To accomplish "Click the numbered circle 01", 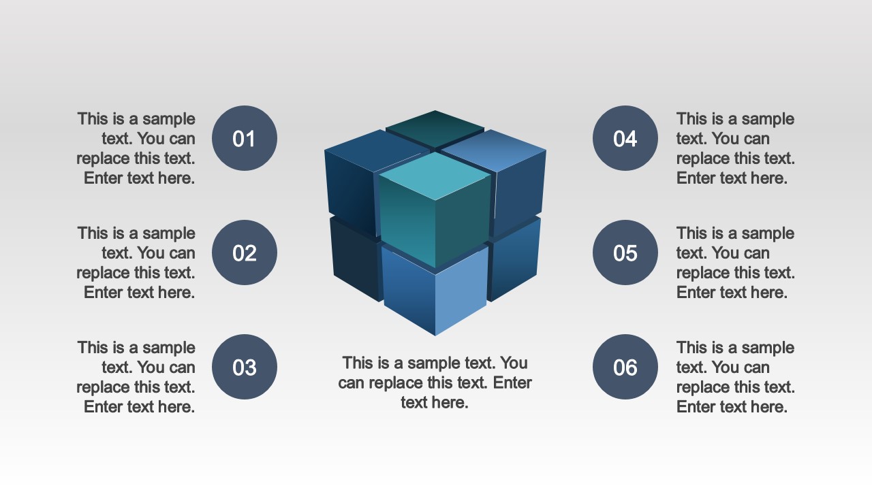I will (x=245, y=138).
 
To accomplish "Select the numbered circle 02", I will (x=245, y=252).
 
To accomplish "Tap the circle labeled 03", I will (x=245, y=367).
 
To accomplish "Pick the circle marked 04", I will (x=625, y=138).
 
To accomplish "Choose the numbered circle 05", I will (x=625, y=252).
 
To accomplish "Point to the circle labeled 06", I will (x=625, y=367).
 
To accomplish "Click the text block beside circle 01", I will (x=136, y=148).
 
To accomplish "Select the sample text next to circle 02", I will (x=136, y=263).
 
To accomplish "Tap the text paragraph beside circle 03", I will (x=136, y=377).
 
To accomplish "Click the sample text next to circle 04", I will (x=735, y=148).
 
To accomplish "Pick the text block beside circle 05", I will (x=735, y=263).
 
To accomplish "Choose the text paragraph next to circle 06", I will (x=735, y=377).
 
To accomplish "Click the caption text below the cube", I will (x=435, y=382).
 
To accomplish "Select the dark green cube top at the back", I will (x=435, y=127).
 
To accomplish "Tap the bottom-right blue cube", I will (x=515, y=259).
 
